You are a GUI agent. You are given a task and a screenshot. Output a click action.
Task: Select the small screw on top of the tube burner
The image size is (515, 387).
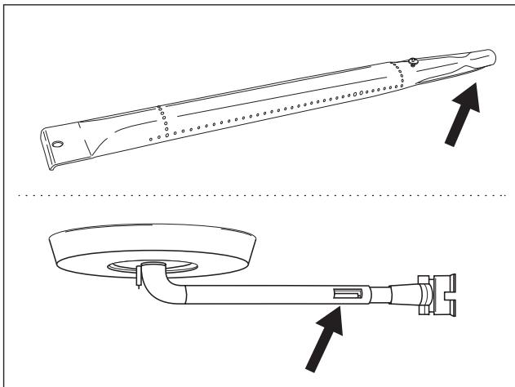pos(415,60)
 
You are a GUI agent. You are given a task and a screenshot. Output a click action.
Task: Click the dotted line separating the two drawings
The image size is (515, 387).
pos(257,196)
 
